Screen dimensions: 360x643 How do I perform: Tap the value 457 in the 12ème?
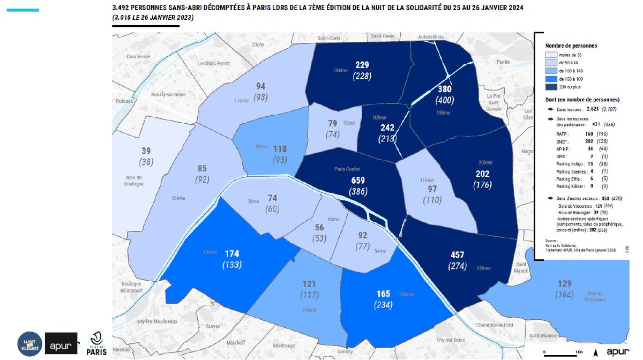pos(457,254)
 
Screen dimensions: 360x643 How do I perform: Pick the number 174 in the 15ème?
pos(233,253)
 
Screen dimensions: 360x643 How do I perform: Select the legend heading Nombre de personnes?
pos(571,46)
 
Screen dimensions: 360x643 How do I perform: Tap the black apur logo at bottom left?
pos(61,343)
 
